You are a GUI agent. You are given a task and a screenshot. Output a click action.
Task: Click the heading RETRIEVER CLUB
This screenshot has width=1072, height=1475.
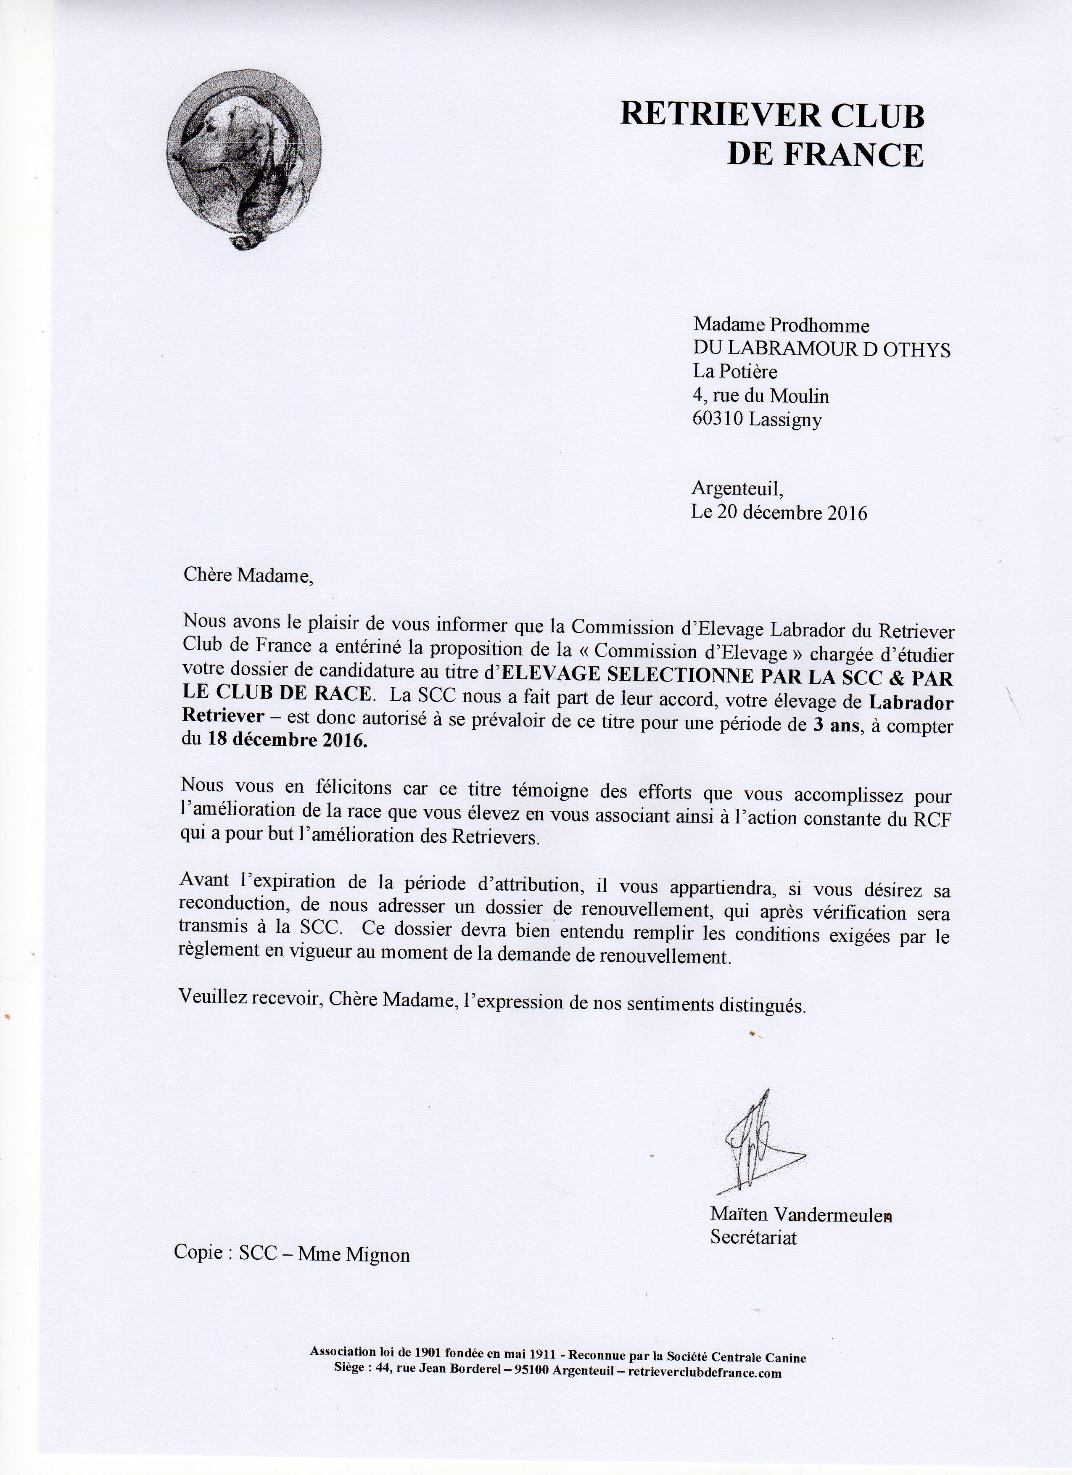point(772,116)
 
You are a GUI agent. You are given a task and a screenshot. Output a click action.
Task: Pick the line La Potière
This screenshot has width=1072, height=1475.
point(735,372)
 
